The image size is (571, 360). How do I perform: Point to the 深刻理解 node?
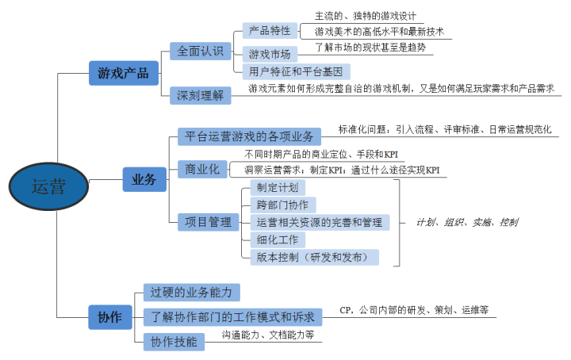coord(201,94)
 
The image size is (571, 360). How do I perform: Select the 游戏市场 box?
coord(270,54)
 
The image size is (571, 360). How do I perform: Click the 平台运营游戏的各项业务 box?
coord(248,136)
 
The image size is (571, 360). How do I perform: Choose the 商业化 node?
coord(201,169)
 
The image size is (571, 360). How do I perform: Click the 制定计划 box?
coord(278,188)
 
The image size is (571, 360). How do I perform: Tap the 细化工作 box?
coord(278,239)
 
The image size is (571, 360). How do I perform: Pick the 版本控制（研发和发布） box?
coord(313,257)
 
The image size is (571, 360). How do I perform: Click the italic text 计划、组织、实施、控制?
coord(467,222)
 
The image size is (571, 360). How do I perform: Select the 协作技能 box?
coord(174,341)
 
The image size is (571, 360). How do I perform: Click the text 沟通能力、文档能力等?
coord(268,335)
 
